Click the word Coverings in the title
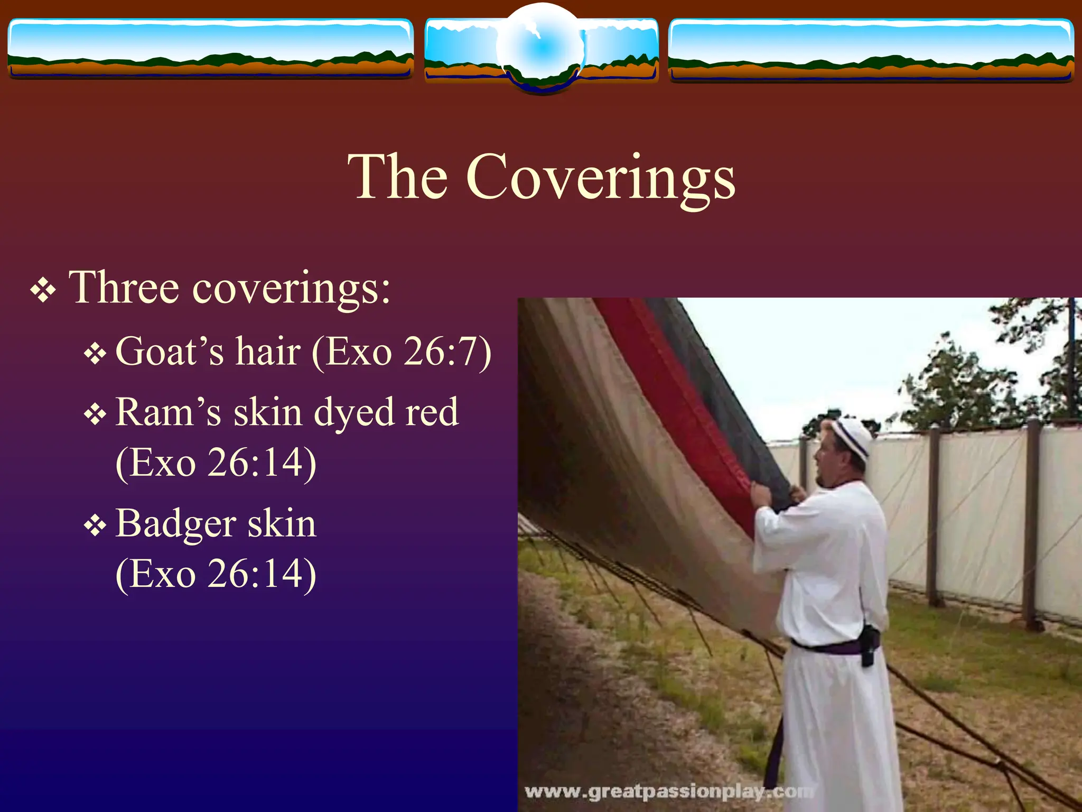tap(600, 178)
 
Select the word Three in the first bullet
tap(124, 288)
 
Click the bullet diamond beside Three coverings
tap(43, 290)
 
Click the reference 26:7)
tap(446, 352)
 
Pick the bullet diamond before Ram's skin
tap(95, 414)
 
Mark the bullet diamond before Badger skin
tap(95, 526)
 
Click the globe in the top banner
tap(541, 48)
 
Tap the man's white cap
tap(852, 436)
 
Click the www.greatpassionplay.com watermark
tap(668, 791)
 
